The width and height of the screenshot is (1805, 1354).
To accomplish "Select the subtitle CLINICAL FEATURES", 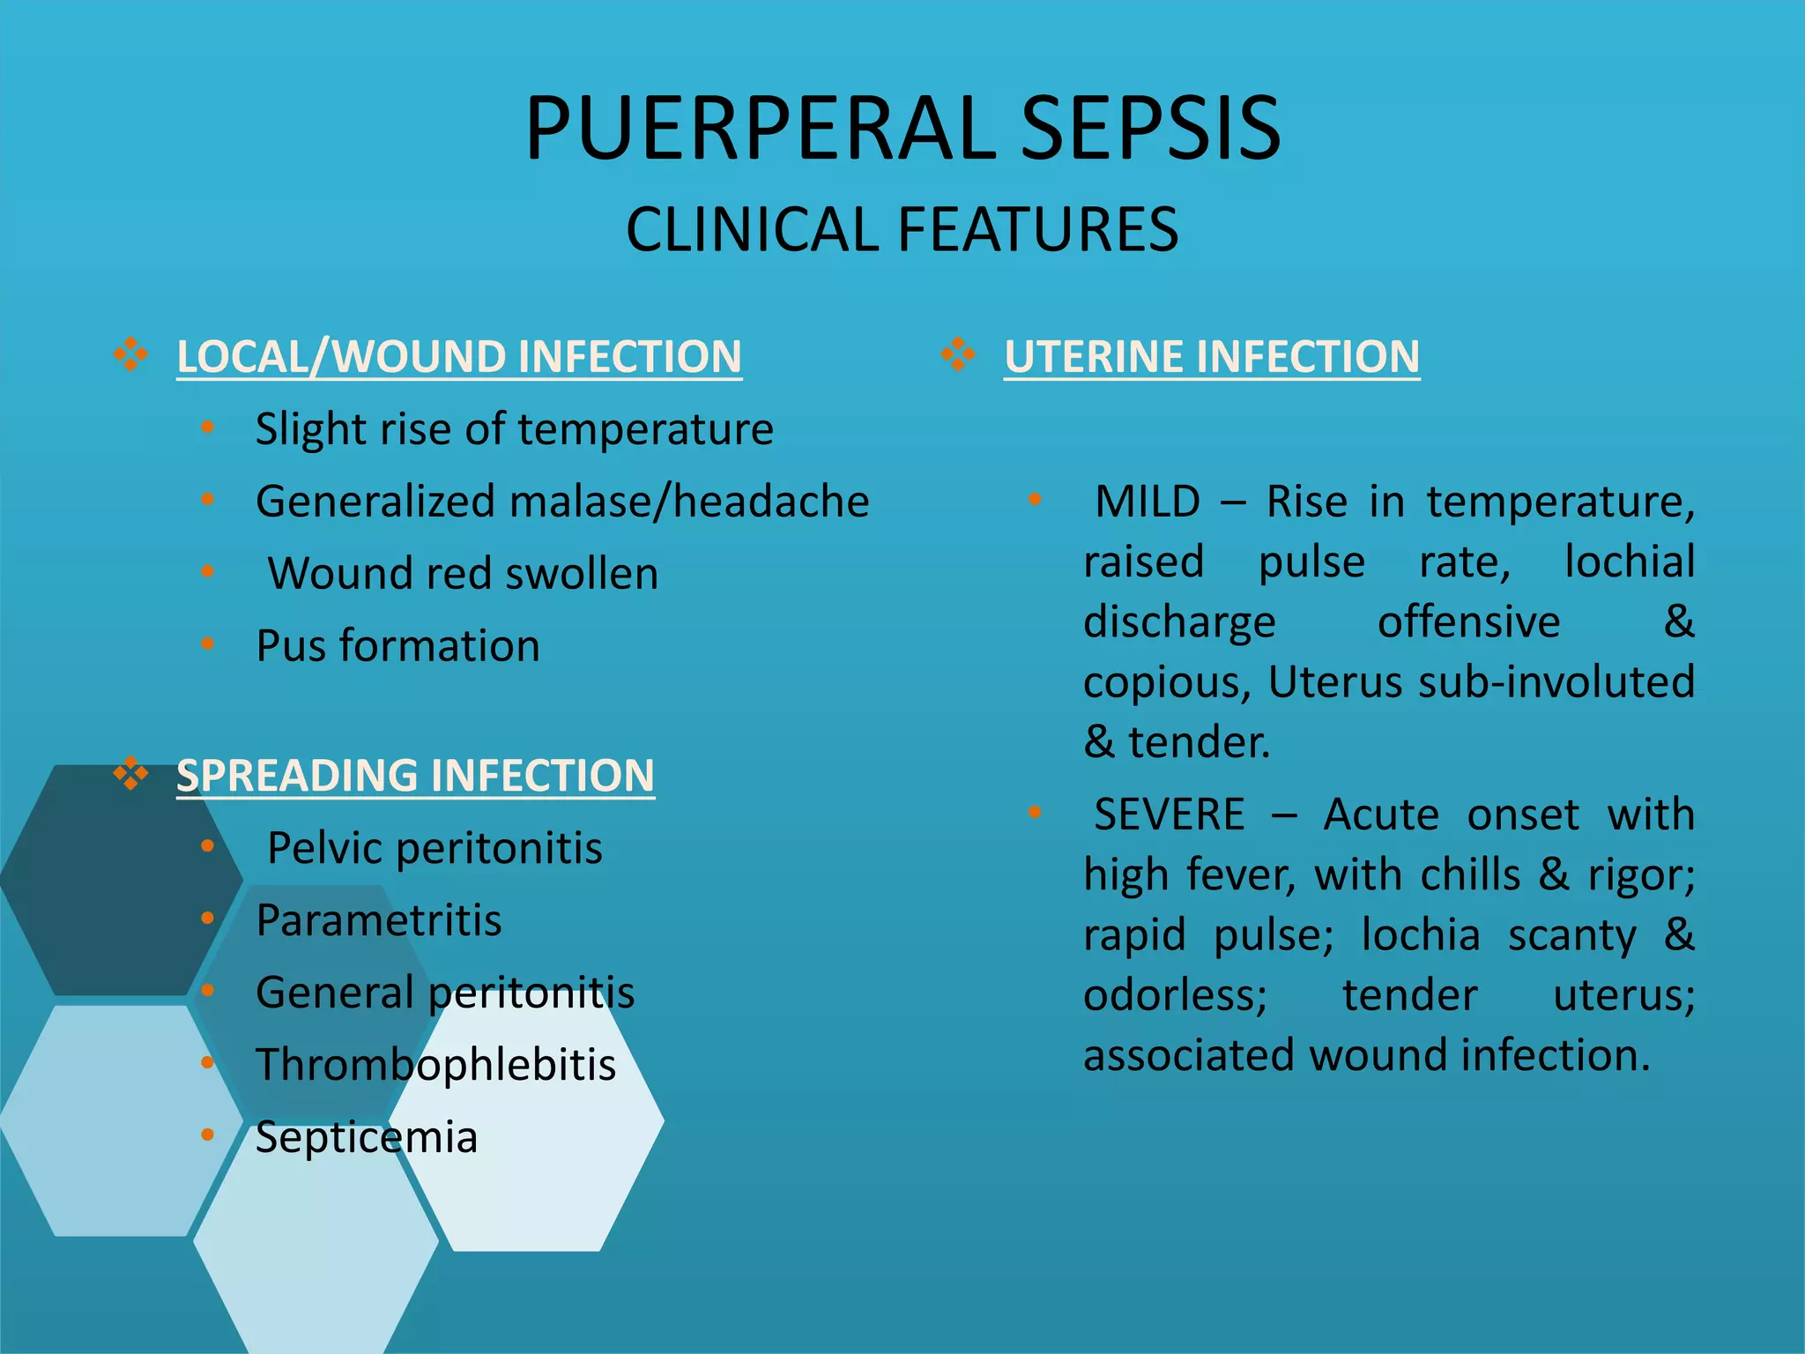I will click(x=902, y=230).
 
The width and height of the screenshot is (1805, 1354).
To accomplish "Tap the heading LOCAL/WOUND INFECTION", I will click(x=459, y=357).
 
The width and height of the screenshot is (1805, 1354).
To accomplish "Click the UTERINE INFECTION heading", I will click(x=1212, y=357).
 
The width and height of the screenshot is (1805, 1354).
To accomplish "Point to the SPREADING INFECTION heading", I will click(x=415, y=776).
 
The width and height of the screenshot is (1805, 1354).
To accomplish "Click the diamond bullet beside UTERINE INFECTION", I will click(x=958, y=355).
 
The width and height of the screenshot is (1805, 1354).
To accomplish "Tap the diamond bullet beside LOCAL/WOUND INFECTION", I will click(x=130, y=355).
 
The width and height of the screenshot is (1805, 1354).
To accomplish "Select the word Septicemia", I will click(x=367, y=1137).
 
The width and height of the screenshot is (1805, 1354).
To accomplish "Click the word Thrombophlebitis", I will click(x=435, y=1065).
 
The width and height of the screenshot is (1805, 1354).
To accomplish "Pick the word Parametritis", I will click(x=379, y=920).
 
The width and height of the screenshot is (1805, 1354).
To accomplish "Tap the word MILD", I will click(x=1147, y=502).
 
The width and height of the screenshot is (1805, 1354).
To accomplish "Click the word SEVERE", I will click(x=1170, y=815).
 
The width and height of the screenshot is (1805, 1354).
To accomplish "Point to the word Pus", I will click(x=291, y=646).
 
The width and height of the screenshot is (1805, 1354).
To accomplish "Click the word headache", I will click(x=771, y=502).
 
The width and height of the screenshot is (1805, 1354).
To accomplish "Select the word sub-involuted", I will click(x=1556, y=682).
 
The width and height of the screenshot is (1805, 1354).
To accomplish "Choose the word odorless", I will click(x=1175, y=995).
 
